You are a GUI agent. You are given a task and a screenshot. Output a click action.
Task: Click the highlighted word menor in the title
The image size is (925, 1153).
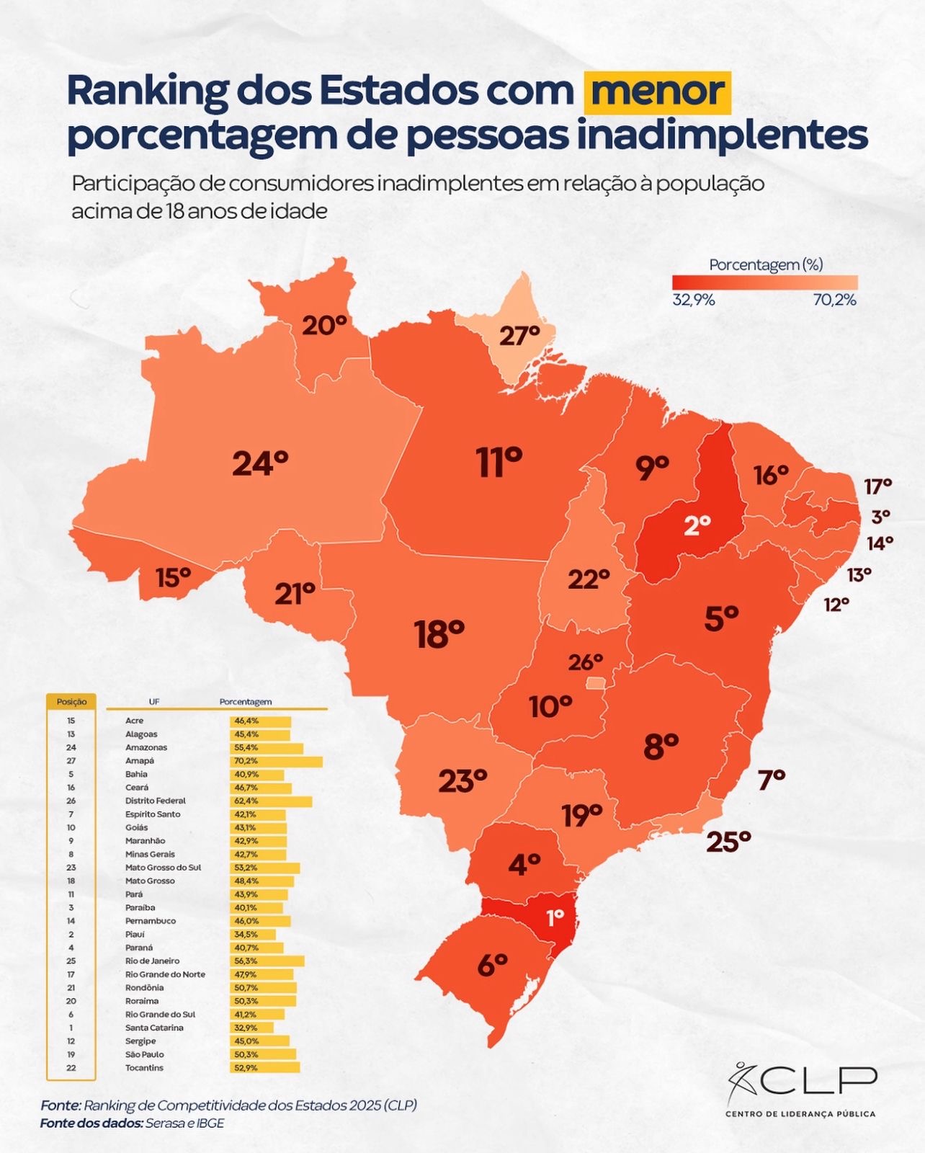[x=658, y=92]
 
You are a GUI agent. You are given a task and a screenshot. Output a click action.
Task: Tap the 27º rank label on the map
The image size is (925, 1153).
[x=519, y=336]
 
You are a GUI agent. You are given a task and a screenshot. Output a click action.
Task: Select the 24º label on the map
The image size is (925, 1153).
[x=260, y=463]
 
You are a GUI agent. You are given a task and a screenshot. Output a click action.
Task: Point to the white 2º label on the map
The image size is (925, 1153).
[x=697, y=525]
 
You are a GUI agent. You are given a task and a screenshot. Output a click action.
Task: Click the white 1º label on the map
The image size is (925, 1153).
[x=555, y=918]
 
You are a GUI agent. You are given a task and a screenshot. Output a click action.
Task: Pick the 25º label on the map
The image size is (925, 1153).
[x=728, y=841]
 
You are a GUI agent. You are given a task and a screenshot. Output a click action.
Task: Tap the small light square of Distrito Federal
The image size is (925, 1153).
[x=596, y=682]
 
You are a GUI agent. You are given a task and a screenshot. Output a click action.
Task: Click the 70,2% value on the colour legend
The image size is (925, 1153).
[x=834, y=301]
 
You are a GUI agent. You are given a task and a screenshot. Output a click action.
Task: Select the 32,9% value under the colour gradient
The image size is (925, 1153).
[x=694, y=301]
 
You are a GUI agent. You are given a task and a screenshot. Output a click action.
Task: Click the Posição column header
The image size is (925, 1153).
[x=71, y=702]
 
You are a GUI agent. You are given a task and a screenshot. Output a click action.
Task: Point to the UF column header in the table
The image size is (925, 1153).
[x=154, y=702]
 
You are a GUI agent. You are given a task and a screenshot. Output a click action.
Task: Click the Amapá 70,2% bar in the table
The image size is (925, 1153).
[x=277, y=761]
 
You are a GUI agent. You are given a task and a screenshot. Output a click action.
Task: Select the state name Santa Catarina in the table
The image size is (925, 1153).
[x=154, y=1028]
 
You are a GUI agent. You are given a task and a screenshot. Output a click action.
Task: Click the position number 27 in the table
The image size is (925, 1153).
[x=71, y=761]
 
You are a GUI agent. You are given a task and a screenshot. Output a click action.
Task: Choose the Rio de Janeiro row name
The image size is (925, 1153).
[x=152, y=961]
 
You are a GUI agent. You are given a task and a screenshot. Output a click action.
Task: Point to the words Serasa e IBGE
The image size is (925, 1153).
[x=184, y=1123]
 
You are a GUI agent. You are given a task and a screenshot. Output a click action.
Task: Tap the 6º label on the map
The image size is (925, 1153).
[x=493, y=965]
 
